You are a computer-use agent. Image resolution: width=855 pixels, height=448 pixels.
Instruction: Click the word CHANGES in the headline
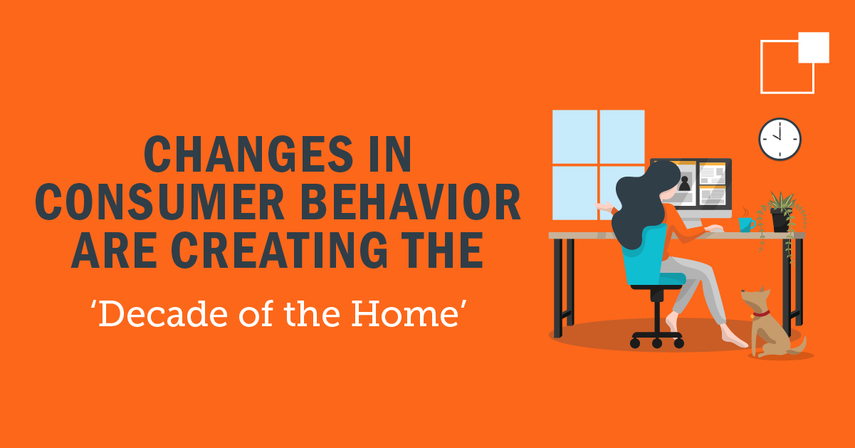click(248, 154)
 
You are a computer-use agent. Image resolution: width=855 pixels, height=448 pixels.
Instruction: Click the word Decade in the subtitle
click(162, 314)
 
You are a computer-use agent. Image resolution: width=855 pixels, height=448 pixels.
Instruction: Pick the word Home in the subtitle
click(405, 314)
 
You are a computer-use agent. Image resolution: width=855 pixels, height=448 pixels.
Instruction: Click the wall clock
click(780, 139)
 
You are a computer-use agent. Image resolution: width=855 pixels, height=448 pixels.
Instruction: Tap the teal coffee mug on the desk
click(746, 224)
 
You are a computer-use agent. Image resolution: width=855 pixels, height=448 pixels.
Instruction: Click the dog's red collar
click(761, 315)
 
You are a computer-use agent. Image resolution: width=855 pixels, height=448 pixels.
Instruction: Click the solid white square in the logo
click(814, 47)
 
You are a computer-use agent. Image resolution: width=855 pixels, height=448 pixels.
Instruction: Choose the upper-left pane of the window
click(575, 137)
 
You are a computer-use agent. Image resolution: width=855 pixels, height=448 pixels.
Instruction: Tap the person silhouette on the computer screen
click(684, 183)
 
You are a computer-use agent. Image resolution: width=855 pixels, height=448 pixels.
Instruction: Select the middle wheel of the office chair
click(657, 343)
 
